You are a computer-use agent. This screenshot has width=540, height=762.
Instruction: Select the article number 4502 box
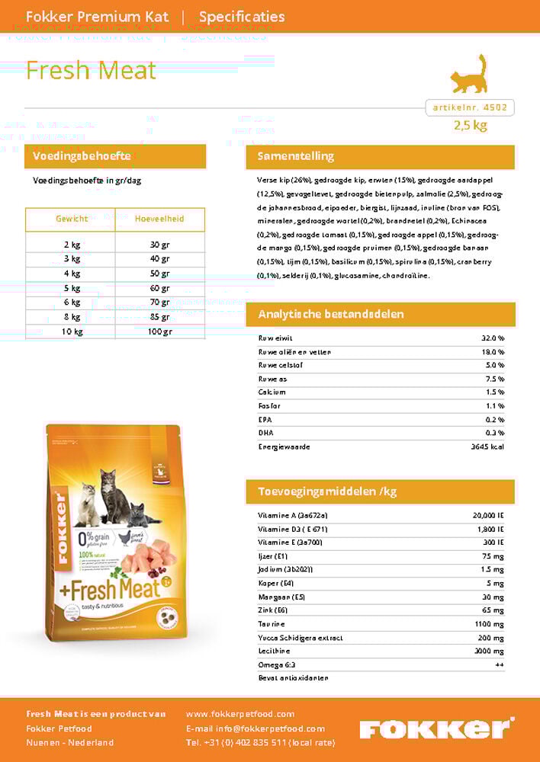click(470, 108)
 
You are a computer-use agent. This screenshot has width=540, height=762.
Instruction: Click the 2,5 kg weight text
click(470, 126)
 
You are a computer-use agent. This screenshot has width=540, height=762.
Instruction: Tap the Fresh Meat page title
click(91, 70)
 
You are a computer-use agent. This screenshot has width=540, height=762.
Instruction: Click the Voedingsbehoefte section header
click(82, 156)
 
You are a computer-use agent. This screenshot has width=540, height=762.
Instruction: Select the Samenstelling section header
click(297, 156)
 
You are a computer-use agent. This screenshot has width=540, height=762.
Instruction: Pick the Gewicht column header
click(72, 219)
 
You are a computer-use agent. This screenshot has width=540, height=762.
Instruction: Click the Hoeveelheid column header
click(159, 219)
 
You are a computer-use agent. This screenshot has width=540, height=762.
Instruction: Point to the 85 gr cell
click(160, 317)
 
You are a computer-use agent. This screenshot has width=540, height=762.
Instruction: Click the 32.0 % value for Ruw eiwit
click(493, 338)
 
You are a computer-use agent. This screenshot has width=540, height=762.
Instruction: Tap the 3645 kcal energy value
click(487, 447)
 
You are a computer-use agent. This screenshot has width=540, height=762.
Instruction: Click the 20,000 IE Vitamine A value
click(489, 516)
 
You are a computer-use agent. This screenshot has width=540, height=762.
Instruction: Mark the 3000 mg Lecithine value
click(489, 652)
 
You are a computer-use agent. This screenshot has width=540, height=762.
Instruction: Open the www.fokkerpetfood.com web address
click(240, 714)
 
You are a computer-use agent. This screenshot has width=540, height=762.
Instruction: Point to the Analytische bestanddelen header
click(331, 314)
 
